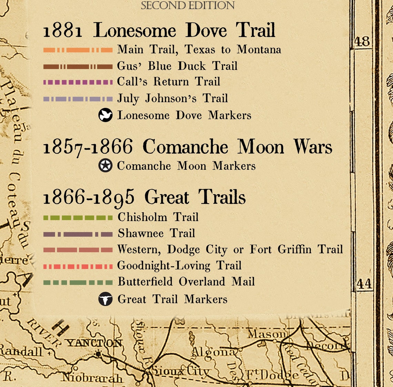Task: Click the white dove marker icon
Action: [105, 115]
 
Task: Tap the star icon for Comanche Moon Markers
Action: [105, 166]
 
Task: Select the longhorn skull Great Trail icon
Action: [105, 299]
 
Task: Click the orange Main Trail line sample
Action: [78, 50]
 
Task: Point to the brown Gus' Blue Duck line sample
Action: [78, 67]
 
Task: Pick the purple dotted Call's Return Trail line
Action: [78, 82]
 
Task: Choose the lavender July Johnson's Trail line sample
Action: [78, 99]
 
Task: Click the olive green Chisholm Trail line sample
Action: [78, 218]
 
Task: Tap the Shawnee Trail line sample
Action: [78, 234]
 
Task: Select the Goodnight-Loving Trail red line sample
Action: [78, 266]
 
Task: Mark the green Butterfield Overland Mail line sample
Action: [78, 282]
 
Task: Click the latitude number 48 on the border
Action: [362, 42]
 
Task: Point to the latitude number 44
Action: [364, 284]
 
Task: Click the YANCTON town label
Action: [94, 343]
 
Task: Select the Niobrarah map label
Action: [92, 377]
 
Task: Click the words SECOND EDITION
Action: [188, 5]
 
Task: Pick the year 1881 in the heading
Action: [62, 31]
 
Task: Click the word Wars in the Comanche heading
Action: [313, 147]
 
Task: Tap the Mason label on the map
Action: [267, 334]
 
